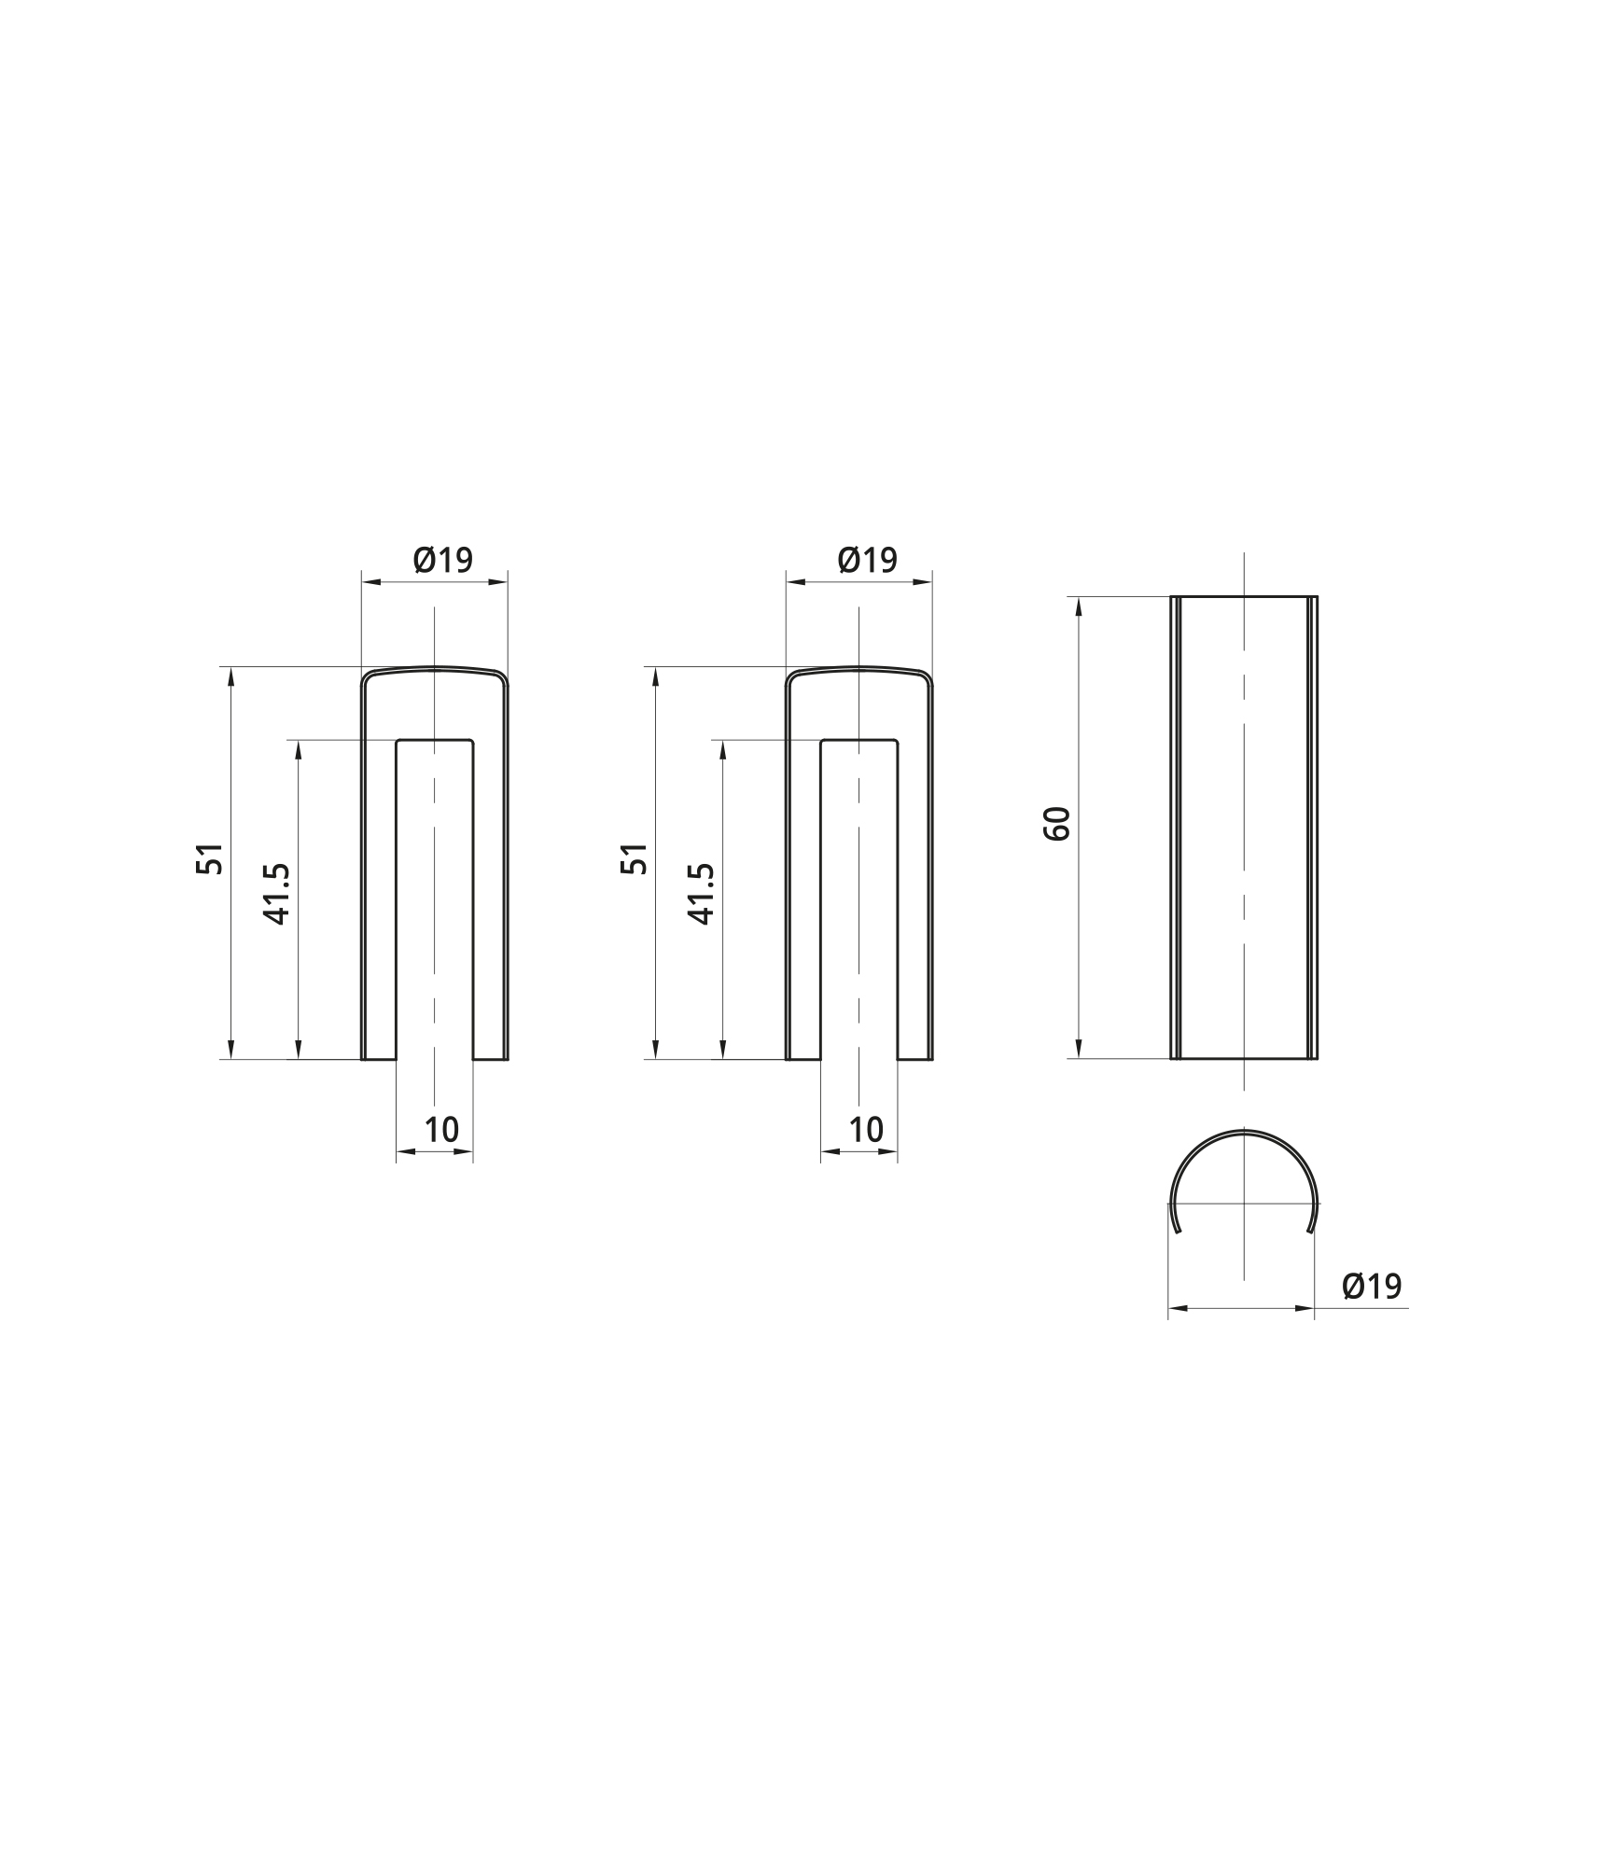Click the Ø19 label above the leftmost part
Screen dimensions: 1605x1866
443,560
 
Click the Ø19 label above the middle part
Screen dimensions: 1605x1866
868,560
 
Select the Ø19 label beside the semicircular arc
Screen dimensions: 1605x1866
1372,1287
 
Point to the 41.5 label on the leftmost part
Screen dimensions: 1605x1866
278,893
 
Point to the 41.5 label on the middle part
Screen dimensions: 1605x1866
702,893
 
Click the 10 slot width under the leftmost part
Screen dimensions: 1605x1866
442,1130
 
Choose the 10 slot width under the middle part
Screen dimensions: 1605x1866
867,1130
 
